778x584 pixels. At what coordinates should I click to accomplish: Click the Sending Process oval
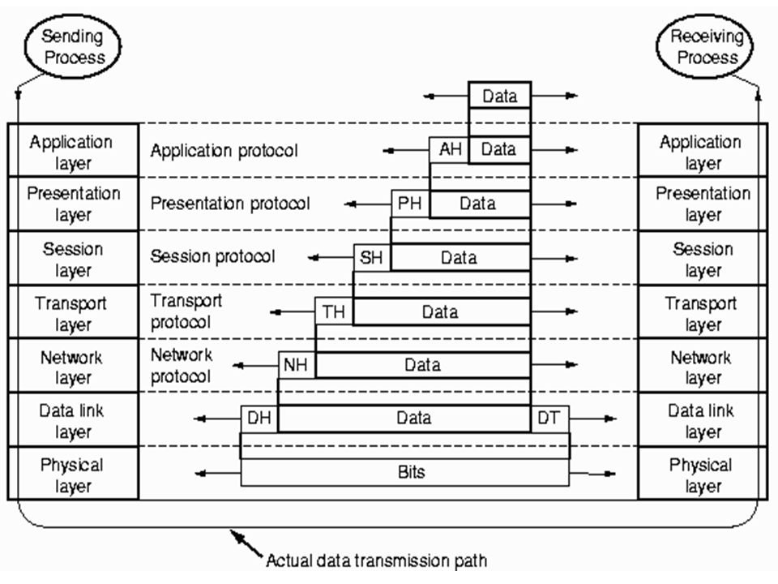click(72, 46)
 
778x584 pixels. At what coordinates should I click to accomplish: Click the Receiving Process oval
click(704, 46)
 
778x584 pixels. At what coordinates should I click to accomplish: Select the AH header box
click(449, 149)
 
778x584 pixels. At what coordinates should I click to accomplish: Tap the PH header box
click(410, 204)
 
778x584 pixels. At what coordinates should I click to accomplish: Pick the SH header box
click(372, 257)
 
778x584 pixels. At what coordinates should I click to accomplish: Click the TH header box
click(334, 311)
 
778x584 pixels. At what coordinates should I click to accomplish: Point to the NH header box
click(297, 365)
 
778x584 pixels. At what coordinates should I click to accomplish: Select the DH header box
click(259, 419)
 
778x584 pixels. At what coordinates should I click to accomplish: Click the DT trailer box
click(549, 419)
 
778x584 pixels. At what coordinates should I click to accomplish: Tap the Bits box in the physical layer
click(405, 472)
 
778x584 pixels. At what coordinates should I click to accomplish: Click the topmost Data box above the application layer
click(500, 96)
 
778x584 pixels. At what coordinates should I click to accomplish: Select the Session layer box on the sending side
click(72, 258)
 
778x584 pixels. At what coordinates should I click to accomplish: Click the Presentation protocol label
click(229, 204)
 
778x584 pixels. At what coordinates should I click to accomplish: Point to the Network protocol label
click(182, 366)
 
